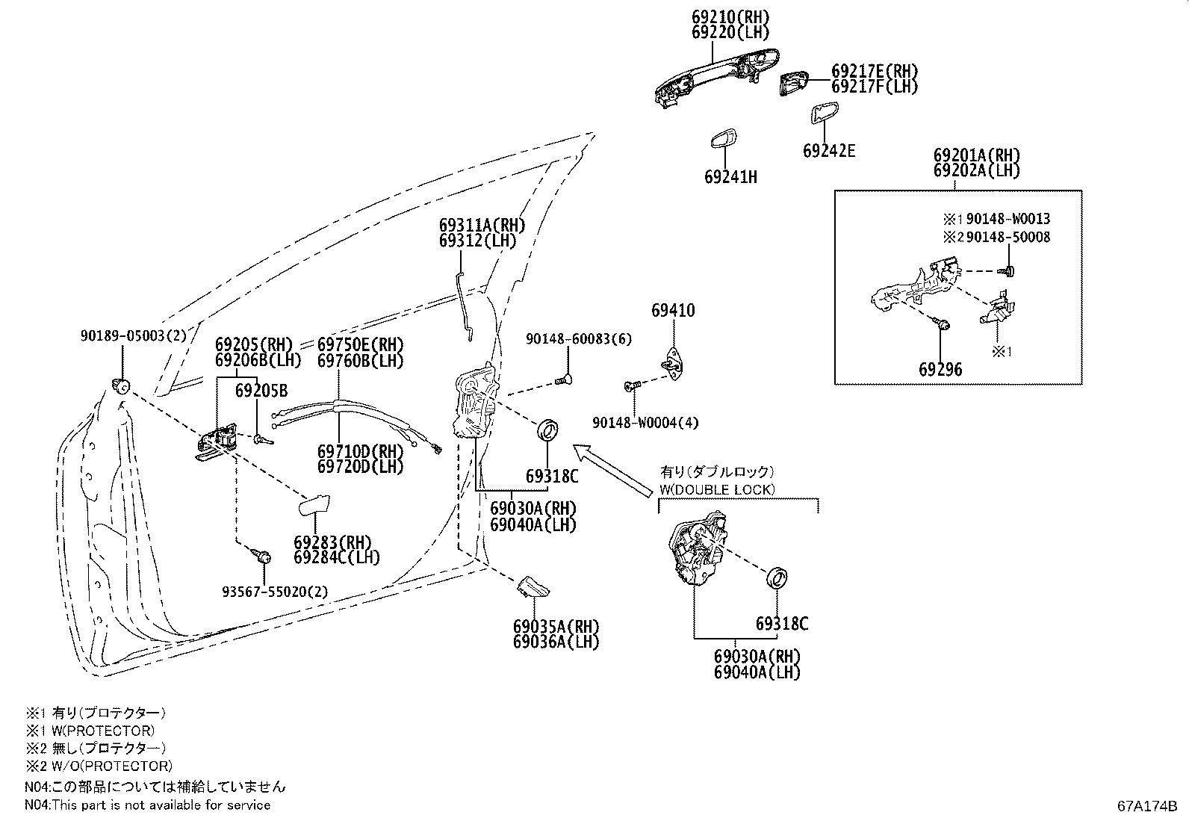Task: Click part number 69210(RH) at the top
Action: pos(730,16)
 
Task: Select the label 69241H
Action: pos(730,177)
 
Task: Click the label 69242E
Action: pos(829,151)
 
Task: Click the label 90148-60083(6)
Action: pos(578,339)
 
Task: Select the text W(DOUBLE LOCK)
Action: pos(717,489)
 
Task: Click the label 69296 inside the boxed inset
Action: pos(940,369)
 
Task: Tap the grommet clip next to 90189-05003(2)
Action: pos(121,385)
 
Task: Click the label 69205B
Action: pos(261,390)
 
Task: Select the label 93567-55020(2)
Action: pos(275,592)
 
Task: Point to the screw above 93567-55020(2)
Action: pos(261,556)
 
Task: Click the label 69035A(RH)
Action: pos(556,626)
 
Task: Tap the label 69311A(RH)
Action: pos(482,226)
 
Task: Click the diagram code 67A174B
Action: pos(1146,806)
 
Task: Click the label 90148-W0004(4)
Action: pos(645,423)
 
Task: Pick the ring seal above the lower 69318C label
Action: pos(779,577)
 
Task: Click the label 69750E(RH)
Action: pos(360,344)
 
